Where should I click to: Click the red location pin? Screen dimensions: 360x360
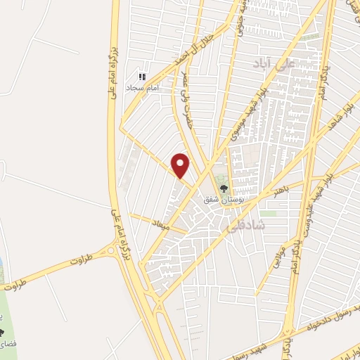[x=181, y=165]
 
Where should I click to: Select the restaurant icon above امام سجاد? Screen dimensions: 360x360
[x=141, y=76]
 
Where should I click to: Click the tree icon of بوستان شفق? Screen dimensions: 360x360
[x=224, y=188]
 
